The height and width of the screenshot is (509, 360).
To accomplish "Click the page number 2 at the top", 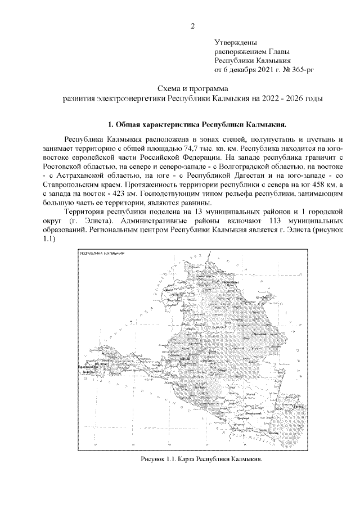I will click(x=193, y=26).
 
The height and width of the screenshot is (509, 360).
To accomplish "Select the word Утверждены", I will click(x=236, y=42).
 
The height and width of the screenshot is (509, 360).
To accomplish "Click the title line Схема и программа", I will click(x=192, y=89).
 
